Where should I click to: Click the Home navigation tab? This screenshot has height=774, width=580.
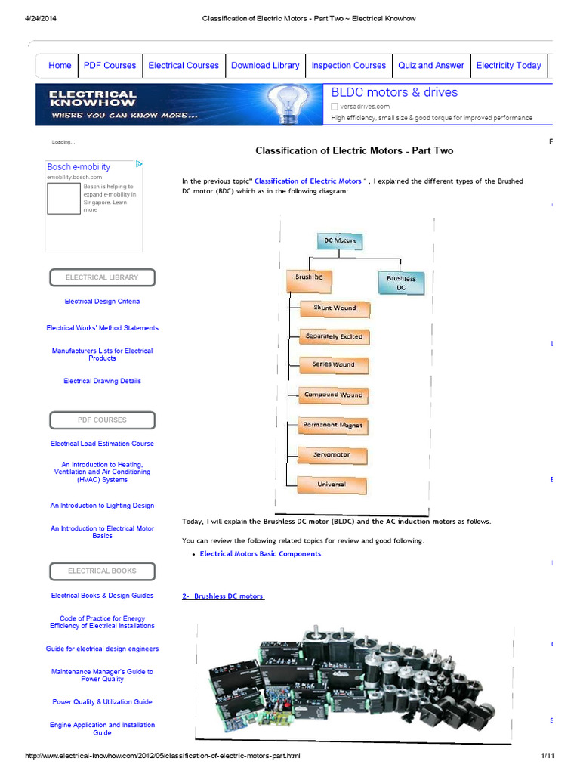60,66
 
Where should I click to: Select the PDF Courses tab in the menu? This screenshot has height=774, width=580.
110,66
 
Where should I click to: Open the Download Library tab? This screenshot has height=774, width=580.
265,66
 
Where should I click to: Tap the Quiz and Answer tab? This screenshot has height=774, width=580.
431,66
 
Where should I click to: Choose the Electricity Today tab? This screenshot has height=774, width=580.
508,66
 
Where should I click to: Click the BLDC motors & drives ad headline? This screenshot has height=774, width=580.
394,93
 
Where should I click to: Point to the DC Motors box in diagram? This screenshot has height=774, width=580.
339,240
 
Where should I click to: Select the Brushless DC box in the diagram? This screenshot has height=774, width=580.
401,283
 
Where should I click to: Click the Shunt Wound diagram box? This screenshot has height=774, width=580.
335,308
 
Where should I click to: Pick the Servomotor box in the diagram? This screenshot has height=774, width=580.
332,455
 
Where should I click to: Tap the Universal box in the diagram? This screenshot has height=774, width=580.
332,485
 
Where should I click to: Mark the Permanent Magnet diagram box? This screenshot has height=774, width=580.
332,426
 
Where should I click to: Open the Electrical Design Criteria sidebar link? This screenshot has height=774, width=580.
102,302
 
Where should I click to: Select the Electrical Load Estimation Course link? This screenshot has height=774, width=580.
102,444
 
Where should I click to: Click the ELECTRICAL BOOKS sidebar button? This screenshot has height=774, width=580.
102,571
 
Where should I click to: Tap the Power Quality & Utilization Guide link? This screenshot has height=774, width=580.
102,702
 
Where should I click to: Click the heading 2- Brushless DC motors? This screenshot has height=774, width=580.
223,596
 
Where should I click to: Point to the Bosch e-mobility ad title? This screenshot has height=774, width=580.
79,167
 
